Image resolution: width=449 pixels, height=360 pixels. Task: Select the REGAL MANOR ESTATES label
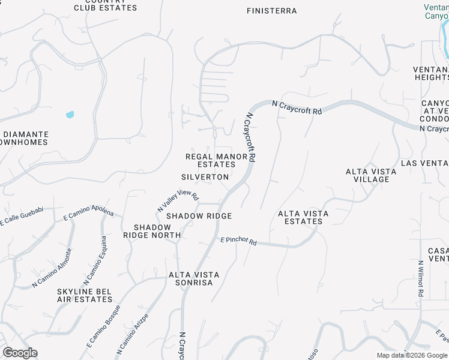click(217, 160)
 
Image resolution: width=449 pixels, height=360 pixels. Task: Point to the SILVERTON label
click(205, 177)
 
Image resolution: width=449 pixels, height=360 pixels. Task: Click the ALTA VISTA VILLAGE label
click(371, 175)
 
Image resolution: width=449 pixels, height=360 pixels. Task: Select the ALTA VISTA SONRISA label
click(194, 278)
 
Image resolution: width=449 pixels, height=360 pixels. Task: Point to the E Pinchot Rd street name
click(238, 241)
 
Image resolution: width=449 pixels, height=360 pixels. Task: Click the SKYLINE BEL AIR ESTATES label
click(84, 295)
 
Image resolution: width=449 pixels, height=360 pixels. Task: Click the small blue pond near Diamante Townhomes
click(70, 114)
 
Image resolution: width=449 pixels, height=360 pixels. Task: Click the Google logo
click(20, 353)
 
